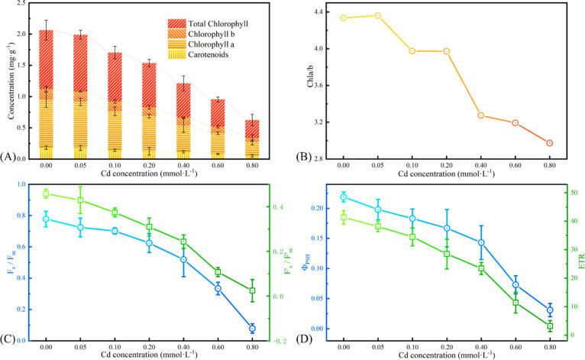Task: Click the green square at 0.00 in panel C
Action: tap(46, 194)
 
